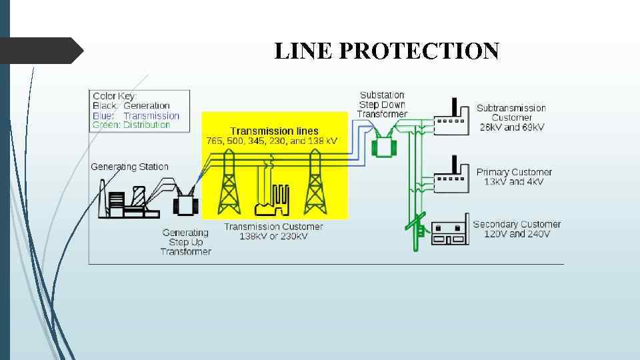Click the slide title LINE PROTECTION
[387, 51]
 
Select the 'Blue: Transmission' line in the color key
[136, 115]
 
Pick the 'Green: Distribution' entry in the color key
[131, 125]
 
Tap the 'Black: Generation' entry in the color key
[131, 105]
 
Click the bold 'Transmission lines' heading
[274, 131]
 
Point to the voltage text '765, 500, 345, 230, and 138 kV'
[272, 141]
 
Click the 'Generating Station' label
[129, 167]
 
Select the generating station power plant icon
[129, 199]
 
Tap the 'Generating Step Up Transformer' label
[186, 242]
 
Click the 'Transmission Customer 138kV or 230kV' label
[273, 231]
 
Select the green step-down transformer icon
[383, 145]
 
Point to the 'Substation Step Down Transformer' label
[382, 105]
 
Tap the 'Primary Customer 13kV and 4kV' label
[514, 177]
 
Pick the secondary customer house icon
[449, 233]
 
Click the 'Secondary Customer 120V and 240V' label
[517, 229]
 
